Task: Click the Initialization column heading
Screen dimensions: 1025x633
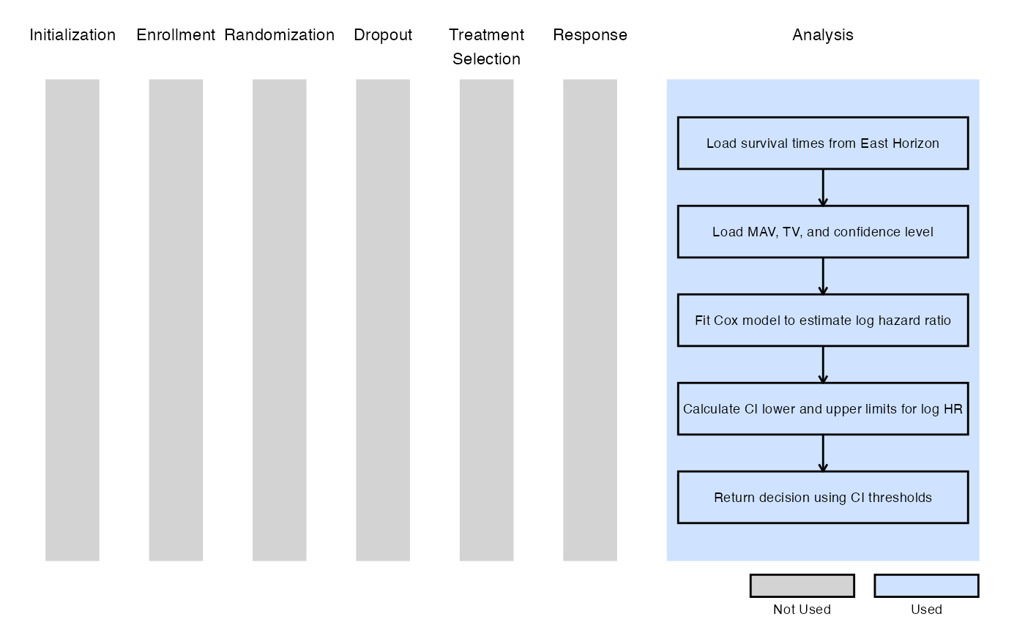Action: [72, 35]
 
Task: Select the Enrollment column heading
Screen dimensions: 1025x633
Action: [176, 35]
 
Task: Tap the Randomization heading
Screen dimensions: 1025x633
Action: [279, 35]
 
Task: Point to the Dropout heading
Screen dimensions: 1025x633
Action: [383, 35]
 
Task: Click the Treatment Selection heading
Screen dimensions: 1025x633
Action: [486, 47]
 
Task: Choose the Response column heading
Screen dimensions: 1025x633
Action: [590, 35]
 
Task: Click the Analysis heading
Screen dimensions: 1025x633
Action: [823, 35]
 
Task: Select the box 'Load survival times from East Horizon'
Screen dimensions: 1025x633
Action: [823, 143]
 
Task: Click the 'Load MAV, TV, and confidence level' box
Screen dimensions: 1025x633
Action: [823, 232]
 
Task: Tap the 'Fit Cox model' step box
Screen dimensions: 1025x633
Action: [823, 321]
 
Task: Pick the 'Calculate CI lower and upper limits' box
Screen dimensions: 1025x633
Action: [823, 409]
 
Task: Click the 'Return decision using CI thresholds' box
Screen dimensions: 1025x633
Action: [823, 497]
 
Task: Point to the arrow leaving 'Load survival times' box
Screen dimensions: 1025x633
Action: [823, 187]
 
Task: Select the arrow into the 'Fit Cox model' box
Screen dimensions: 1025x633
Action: [823, 277]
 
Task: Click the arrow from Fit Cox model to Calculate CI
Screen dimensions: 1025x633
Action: [823, 364]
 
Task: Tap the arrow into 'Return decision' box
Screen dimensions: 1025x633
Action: [823, 453]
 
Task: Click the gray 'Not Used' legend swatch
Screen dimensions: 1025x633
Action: [802, 586]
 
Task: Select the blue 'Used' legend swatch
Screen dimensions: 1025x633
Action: [927, 586]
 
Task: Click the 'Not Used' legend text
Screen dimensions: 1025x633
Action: [802, 610]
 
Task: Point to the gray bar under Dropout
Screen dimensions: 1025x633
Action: [383, 321]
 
